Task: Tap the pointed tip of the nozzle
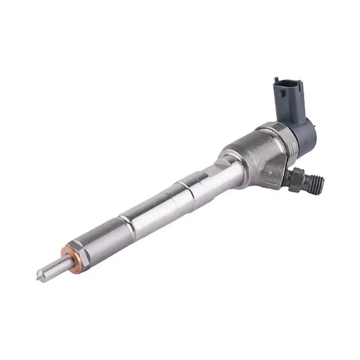pos(40,275)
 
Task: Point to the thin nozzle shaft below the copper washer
pos(52,266)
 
